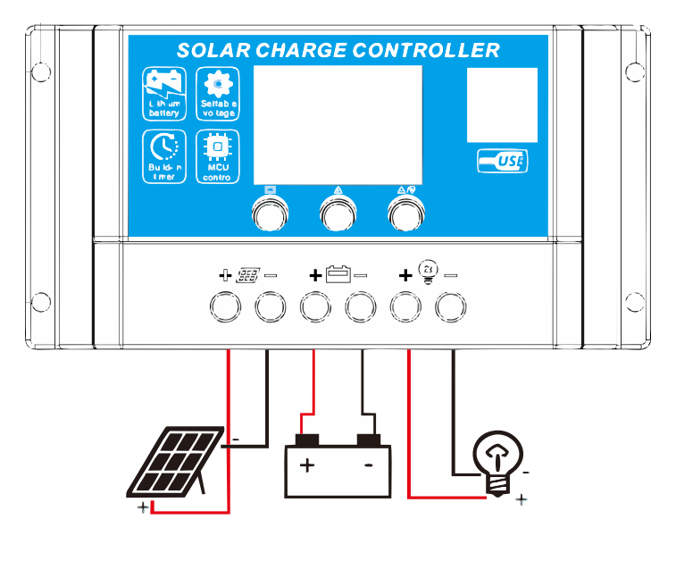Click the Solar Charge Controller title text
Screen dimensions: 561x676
(338, 50)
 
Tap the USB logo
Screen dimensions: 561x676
(503, 161)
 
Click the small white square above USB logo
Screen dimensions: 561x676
(502, 105)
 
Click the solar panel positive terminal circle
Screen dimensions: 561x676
(225, 306)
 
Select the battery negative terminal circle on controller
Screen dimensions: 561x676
(361, 306)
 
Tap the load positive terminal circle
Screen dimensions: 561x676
(406, 306)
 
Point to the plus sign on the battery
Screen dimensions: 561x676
(307, 465)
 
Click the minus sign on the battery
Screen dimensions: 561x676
(368, 465)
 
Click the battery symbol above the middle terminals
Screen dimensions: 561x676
(338, 274)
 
